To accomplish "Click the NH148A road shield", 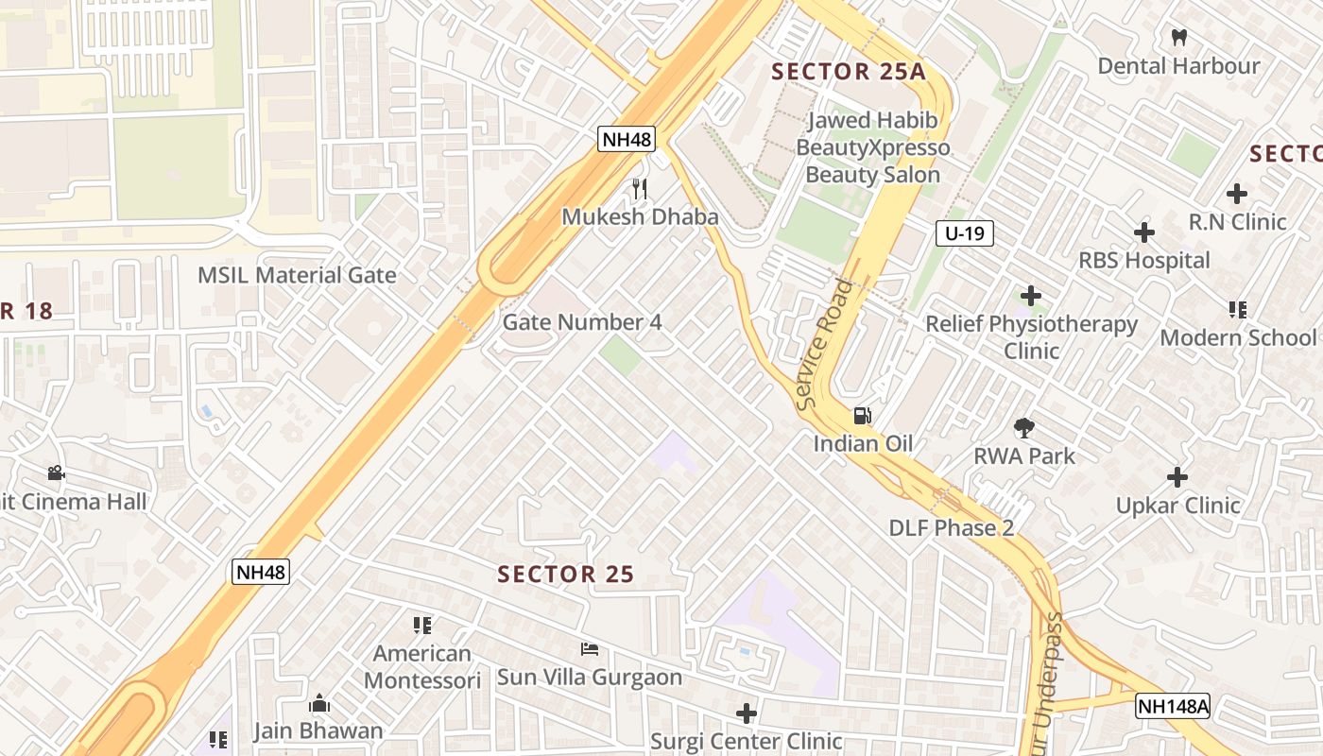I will tap(1173, 706).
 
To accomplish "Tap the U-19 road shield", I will tap(965, 233).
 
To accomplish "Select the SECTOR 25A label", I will tap(847, 72).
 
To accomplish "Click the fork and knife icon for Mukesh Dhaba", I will tap(640, 189).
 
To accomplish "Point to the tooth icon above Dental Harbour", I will tap(1178, 38).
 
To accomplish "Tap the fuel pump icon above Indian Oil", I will tap(862, 416).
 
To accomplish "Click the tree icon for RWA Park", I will tap(1023, 428).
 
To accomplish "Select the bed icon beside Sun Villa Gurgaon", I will tap(590, 649).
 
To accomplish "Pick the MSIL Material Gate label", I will tap(297, 275).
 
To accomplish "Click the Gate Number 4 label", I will tap(582, 322).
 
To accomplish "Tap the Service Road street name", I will tap(819, 345).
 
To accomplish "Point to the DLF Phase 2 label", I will tap(952, 528).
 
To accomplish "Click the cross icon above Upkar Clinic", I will tap(1177, 477).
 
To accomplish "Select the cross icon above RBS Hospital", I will tap(1144, 232).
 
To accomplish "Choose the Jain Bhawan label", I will tap(318, 730).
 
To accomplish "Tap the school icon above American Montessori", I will tap(422, 625).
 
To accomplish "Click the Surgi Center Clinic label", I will tap(747, 742).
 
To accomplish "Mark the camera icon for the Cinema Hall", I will tap(56, 472).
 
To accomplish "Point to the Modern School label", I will tap(1237, 337).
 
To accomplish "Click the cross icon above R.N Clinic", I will tap(1237, 195).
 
